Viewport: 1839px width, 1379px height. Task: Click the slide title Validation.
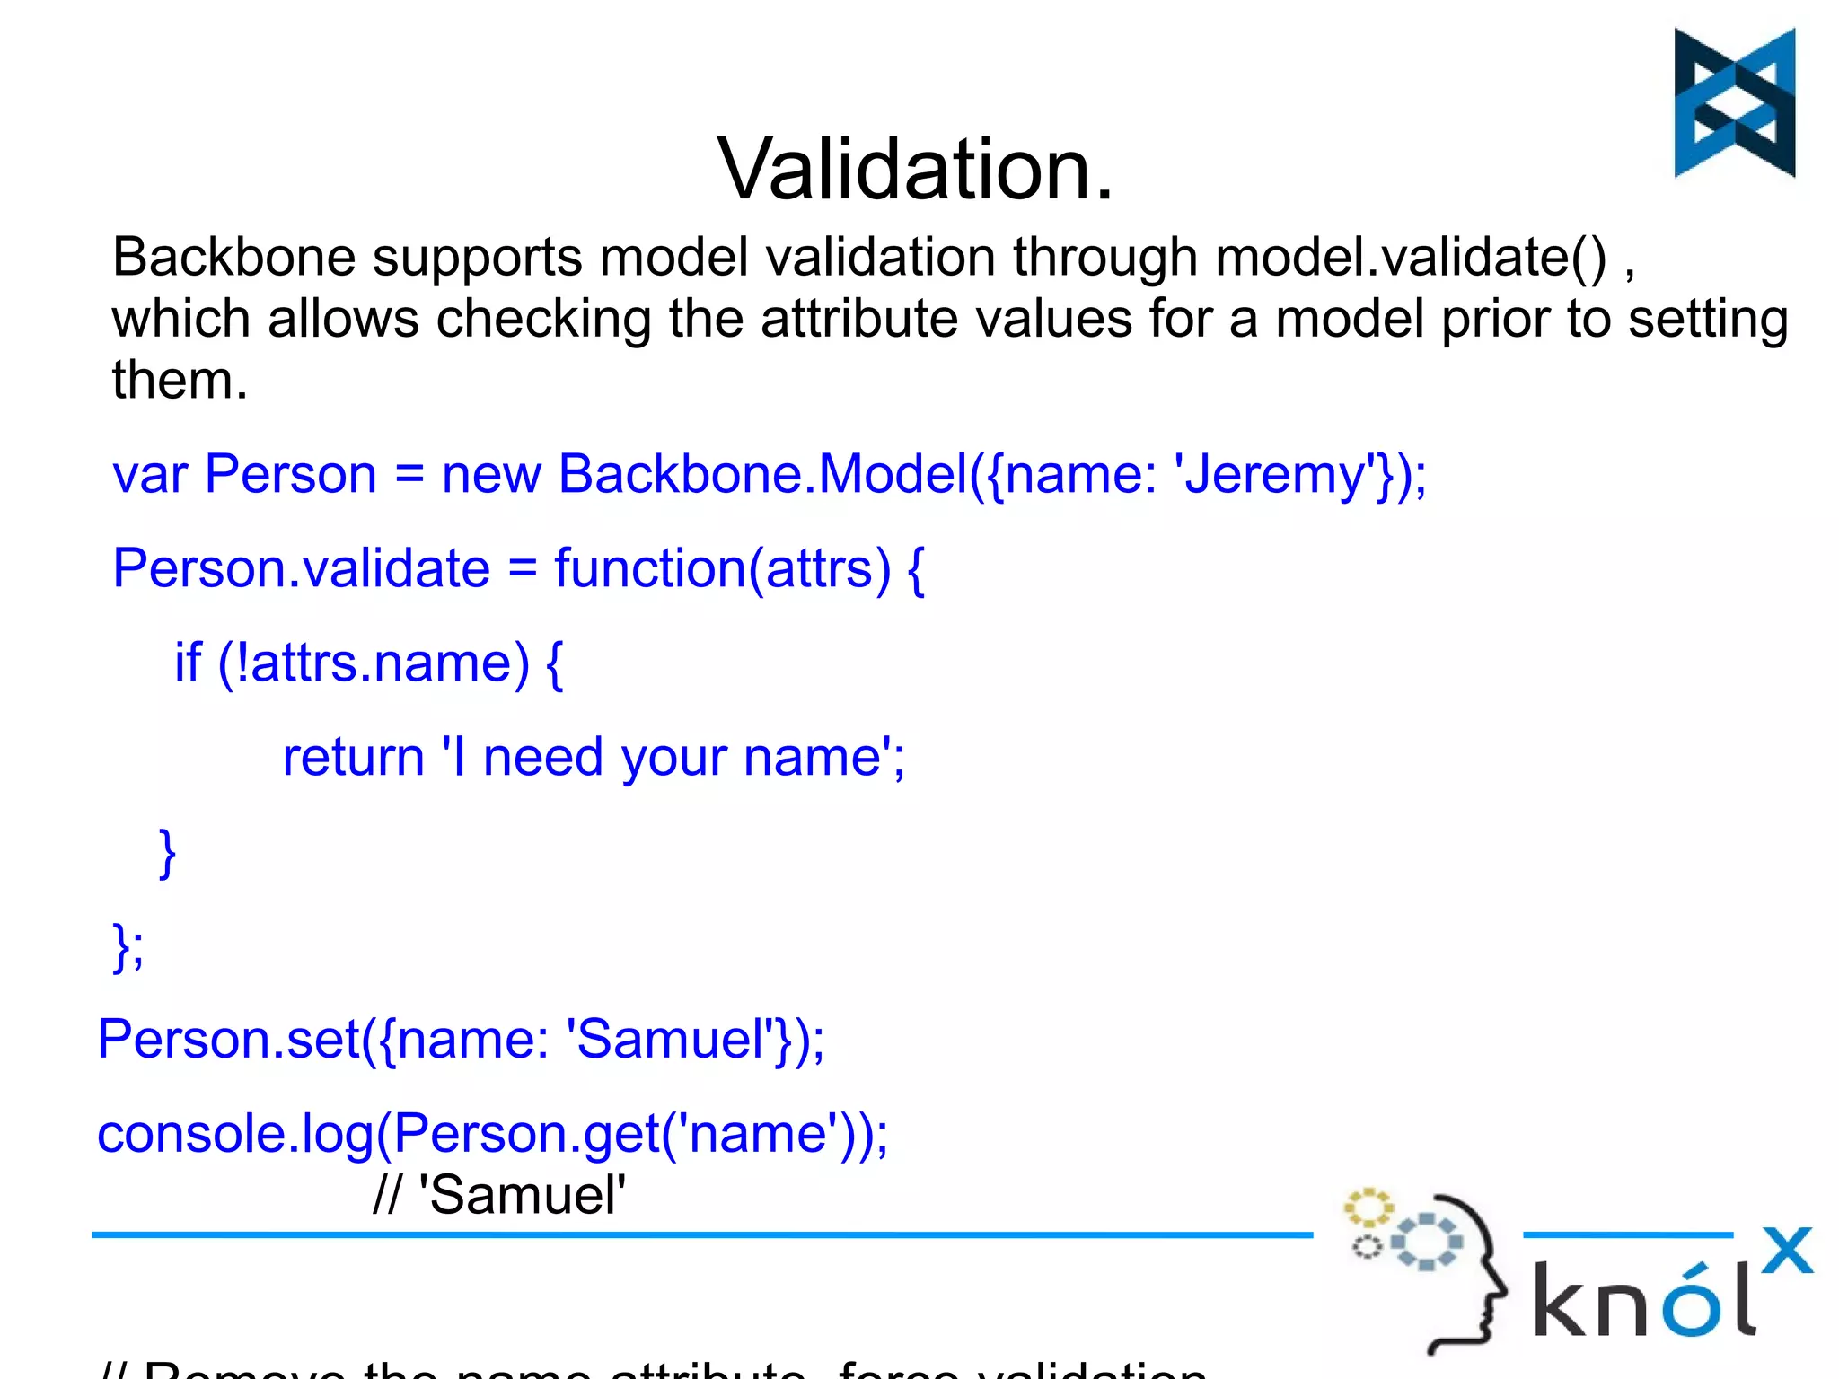914,169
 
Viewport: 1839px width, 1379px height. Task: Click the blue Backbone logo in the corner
1734,102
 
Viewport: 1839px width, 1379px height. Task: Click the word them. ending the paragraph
179,380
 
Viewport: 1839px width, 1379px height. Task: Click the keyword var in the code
149,475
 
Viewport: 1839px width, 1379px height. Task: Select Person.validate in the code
301,569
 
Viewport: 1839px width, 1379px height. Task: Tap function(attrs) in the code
723,569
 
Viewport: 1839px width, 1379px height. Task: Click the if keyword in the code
188,663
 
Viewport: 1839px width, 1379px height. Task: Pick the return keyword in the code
353,758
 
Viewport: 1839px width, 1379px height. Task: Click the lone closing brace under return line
167,853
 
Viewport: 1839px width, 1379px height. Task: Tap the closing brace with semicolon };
128,946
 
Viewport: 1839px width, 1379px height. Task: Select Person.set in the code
228,1041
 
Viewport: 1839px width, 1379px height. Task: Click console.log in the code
235,1135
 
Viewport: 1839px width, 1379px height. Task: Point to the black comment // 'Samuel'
499,1196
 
